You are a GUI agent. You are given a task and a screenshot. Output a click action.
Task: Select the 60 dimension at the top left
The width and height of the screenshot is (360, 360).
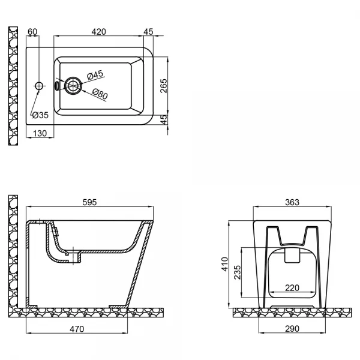(x=33, y=32)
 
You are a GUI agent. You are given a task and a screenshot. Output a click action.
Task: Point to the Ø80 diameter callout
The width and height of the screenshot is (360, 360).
(x=99, y=94)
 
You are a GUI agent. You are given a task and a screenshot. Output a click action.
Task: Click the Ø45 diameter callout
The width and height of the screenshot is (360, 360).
(x=95, y=75)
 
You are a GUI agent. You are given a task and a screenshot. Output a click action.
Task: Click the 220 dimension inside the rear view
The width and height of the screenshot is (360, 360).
(x=293, y=287)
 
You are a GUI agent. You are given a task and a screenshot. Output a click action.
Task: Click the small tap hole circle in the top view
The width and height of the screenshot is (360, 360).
(x=40, y=86)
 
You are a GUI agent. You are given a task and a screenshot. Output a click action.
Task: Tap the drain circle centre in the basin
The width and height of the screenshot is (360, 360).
(x=73, y=86)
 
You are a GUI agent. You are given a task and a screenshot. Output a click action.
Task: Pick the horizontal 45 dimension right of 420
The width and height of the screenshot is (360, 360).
(x=149, y=32)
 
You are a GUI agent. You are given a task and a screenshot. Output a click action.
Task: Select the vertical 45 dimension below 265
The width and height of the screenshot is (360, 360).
(x=164, y=119)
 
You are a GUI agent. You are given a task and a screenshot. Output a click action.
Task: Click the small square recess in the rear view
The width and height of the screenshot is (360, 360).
(x=291, y=256)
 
